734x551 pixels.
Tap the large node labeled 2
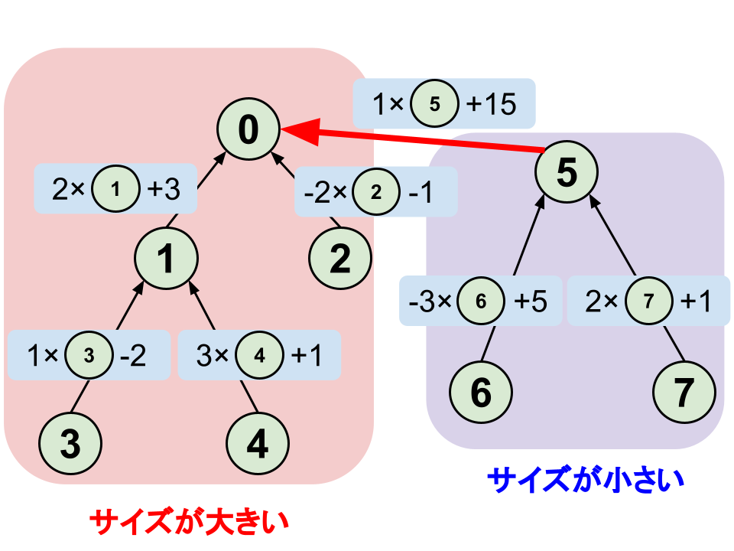tap(340, 260)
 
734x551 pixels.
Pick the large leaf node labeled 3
tap(70, 444)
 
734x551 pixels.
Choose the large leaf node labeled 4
tap(258, 444)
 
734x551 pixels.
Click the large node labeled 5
tap(565, 174)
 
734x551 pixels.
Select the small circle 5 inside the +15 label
tap(434, 104)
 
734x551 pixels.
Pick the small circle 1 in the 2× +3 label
tap(115, 190)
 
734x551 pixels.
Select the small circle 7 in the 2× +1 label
tap(648, 301)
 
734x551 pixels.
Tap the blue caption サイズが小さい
tap(585, 481)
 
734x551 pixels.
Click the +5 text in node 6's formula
tap(531, 301)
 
